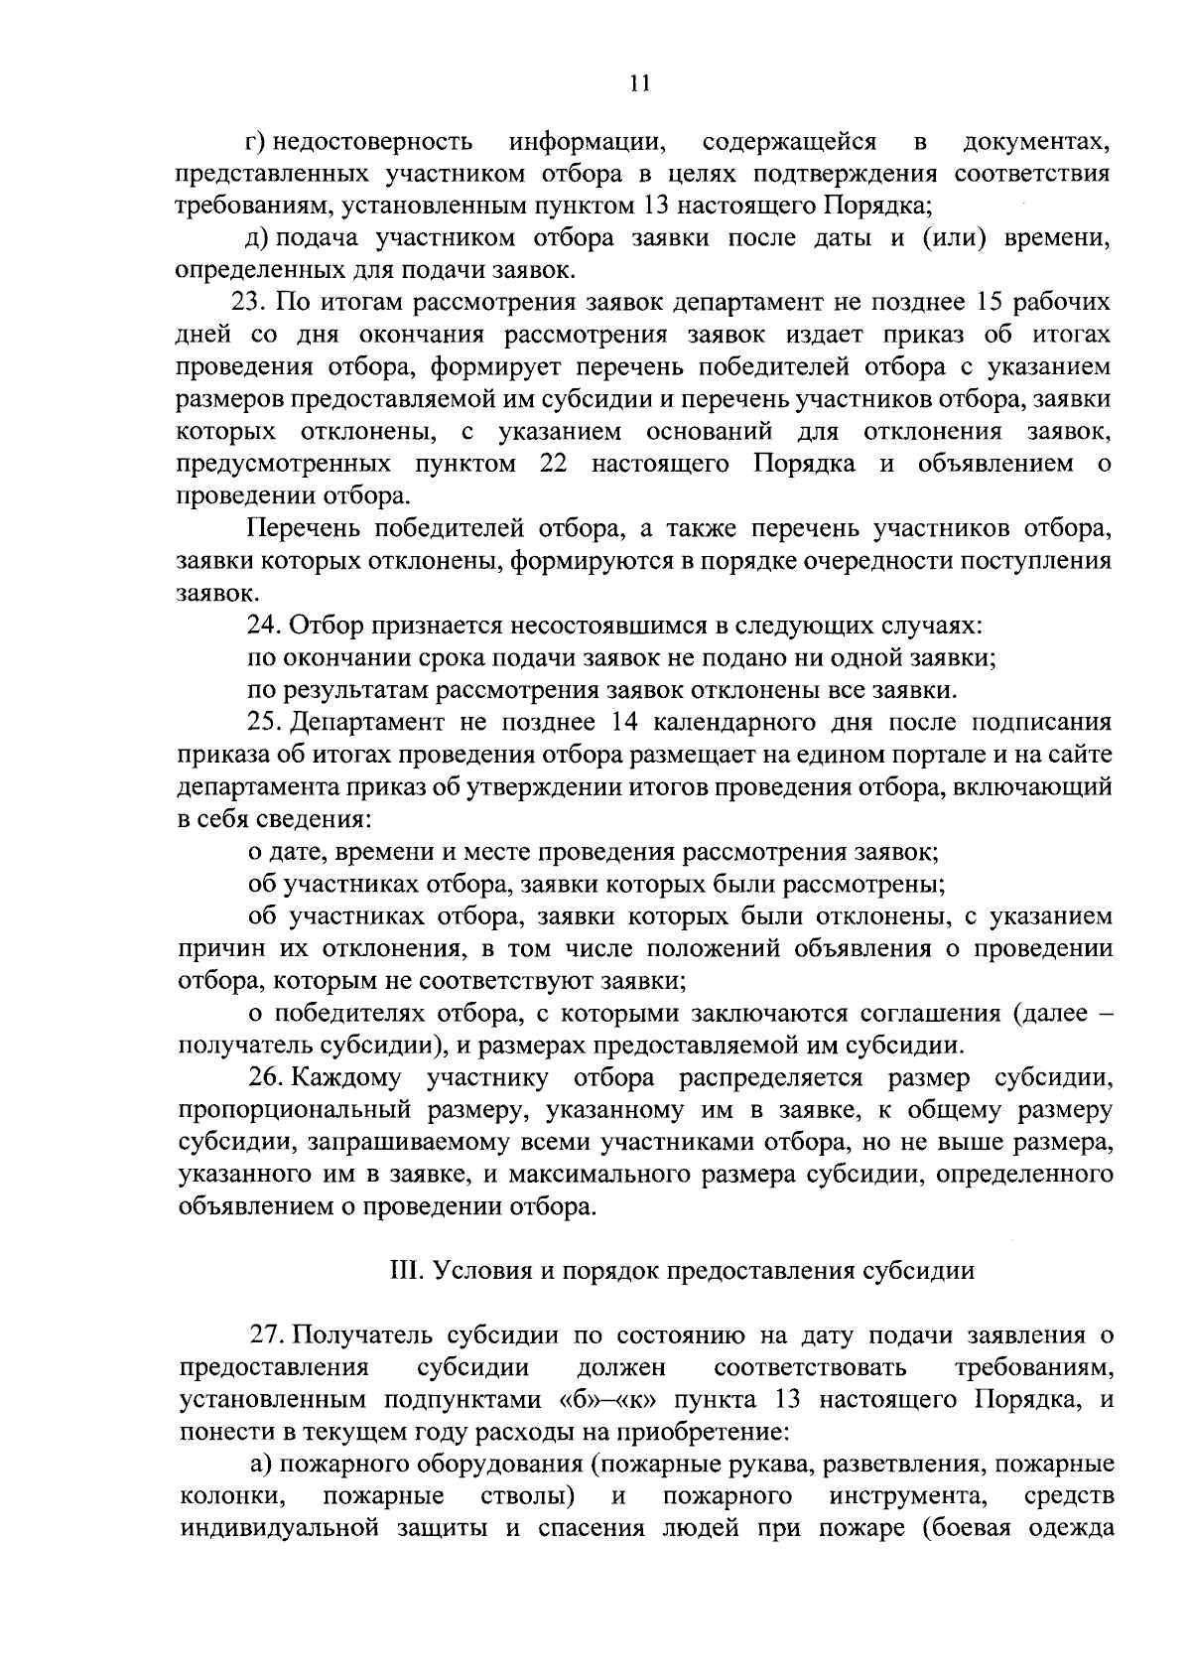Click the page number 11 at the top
point(638,84)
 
